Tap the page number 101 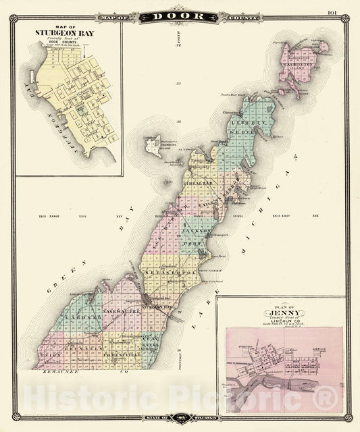(x=331, y=12)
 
